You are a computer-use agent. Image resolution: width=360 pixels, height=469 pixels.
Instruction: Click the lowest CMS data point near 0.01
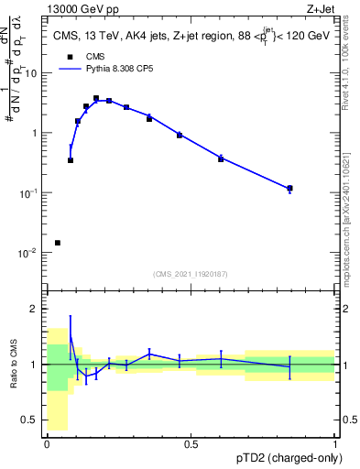pyautogui.click(x=58, y=243)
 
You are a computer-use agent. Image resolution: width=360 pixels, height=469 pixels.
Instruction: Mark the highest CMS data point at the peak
pyautogui.click(x=96, y=98)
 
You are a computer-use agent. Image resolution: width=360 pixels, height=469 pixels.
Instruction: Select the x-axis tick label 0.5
pyautogui.click(x=191, y=443)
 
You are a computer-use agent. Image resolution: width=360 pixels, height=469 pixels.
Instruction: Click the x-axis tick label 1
pyautogui.click(x=335, y=443)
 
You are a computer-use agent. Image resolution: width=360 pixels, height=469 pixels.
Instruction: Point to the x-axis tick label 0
pyautogui.click(x=47, y=443)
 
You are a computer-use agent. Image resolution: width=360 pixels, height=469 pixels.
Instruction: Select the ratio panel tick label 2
pyautogui.click(x=35, y=309)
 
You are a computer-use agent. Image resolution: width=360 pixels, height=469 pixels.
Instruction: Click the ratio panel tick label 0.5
pyautogui.click(x=30, y=420)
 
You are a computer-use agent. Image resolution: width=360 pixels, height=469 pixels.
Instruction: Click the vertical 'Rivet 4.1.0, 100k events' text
pyautogui.click(x=351, y=60)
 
